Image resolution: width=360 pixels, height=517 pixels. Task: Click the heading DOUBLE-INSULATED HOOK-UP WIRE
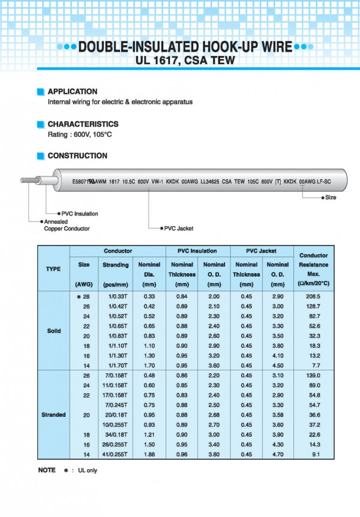click(x=186, y=47)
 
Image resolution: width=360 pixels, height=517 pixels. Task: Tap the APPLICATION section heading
click(x=72, y=91)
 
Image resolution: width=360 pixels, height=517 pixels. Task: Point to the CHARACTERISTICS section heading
click(x=83, y=124)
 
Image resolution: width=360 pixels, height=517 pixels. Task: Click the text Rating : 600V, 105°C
click(x=80, y=134)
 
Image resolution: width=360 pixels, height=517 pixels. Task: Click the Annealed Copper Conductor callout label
click(x=67, y=225)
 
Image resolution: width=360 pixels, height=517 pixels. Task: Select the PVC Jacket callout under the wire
click(x=179, y=228)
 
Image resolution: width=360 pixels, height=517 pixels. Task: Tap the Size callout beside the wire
click(x=331, y=197)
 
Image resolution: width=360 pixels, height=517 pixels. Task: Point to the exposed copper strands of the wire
click(x=29, y=180)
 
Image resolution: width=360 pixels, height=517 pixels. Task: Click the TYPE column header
click(x=53, y=268)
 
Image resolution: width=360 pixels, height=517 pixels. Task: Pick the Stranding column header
click(x=116, y=265)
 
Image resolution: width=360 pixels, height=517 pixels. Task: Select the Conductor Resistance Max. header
click(x=314, y=268)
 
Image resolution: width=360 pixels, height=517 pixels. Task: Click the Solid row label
click(x=53, y=331)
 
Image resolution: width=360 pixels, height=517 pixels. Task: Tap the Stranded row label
click(x=53, y=415)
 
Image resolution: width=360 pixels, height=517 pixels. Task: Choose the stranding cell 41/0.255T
click(x=116, y=454)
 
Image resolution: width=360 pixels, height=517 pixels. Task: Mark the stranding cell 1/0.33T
click(x=116, y=297)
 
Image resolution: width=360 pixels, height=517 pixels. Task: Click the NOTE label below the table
click(x=47, y=470)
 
